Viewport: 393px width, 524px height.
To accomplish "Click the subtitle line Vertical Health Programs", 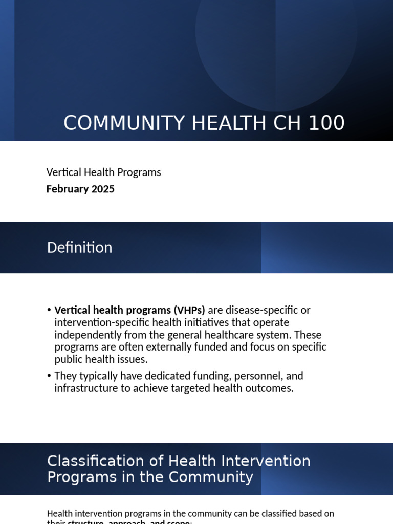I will pyautogui.click(x=103, y=172).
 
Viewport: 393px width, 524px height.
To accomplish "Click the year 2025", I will pyautogui.click(x=103, y=189).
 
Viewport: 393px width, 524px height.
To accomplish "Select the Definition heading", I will pyautogui.click(x=79, y=248).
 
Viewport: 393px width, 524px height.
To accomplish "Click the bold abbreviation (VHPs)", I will pyautogui.click(x=189, y=310).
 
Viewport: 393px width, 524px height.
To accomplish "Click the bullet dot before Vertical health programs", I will pyautogui.click(x=49, y=311).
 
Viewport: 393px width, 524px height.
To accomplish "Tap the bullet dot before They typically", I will pyautogui.click(x=49, y=376).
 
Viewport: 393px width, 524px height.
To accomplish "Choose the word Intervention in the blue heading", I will pyautogui.click(x=271, y=461).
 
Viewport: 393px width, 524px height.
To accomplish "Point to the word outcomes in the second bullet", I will pyautogui.click(x=273, y=388).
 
